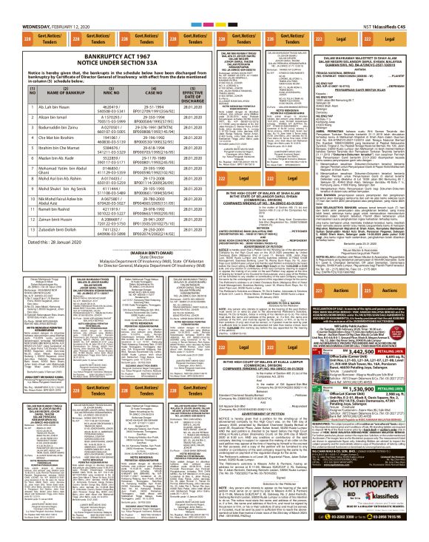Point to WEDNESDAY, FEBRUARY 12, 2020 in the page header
tap(38, 5)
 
